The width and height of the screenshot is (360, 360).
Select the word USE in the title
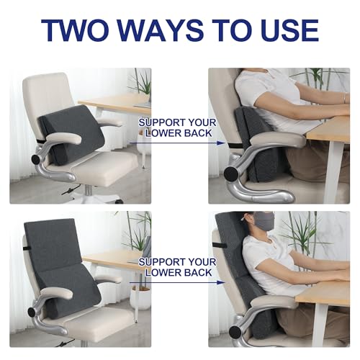point(289,30)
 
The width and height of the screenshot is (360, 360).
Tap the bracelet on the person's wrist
point(345,98)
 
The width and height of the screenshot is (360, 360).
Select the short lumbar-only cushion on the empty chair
point(72,133)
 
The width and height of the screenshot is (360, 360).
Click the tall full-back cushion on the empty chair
point(60,266)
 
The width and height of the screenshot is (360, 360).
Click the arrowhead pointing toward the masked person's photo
point(221,282)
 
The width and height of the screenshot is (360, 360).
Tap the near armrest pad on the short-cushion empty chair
point(64,139)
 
